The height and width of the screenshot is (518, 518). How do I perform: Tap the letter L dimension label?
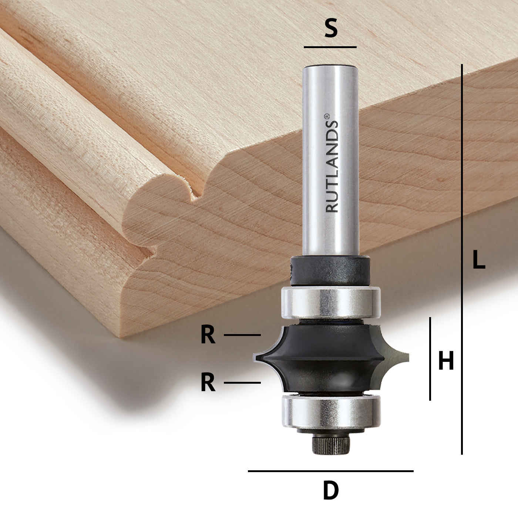[479, 260]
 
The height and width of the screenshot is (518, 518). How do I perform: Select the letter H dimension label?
[446, 361]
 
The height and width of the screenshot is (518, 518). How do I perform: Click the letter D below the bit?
[330, 491]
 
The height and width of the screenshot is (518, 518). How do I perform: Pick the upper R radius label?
[208, 335]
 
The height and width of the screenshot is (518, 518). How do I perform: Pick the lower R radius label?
[208, 383]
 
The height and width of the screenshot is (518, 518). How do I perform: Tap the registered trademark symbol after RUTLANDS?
[327, 116]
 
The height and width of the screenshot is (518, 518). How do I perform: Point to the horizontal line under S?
[330, 47]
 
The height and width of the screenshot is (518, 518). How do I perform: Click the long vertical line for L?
[462, 259]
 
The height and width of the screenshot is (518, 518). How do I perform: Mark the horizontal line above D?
[330, 471]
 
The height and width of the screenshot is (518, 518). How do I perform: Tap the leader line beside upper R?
[242, 335]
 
